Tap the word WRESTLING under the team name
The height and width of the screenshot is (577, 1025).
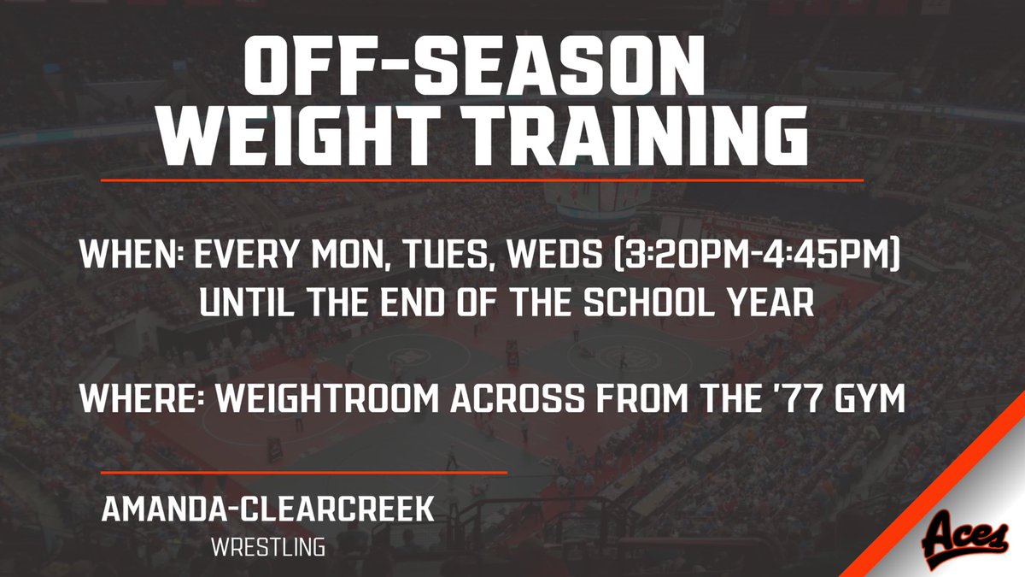coord(268,545)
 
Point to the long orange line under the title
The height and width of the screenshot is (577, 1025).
coord(482,180)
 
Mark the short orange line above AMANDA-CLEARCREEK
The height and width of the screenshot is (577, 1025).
coord(304,472)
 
